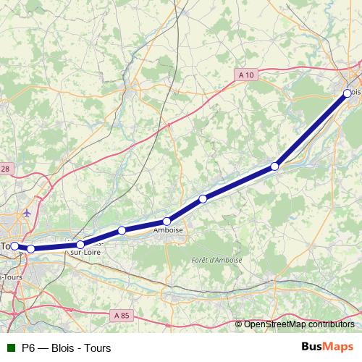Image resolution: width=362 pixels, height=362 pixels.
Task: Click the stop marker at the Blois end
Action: click(348, 93)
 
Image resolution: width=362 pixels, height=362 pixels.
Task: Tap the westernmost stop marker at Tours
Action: click(14, 246)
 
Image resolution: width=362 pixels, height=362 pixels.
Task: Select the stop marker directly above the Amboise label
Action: click(167, 222)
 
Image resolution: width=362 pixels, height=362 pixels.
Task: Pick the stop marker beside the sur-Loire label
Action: click(80, 245)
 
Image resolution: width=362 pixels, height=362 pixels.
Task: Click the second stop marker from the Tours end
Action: click(31, 249)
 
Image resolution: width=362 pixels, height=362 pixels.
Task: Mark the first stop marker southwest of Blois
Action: click(275, 167)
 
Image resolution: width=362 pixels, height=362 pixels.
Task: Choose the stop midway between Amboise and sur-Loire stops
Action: click(122, 230)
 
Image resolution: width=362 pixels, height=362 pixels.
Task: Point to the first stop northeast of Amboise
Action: click(203, 198)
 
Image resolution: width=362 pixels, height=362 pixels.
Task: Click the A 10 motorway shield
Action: click(246, 74)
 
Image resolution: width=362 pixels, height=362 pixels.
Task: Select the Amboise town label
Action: click(168, 231)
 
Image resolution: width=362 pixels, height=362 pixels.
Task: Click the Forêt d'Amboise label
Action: click(217, 260)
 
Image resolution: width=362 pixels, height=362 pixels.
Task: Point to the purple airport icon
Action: click(27, 214)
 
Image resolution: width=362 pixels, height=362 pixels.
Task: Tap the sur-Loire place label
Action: click(85, 253)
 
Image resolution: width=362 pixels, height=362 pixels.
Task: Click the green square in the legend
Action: click(10, 348)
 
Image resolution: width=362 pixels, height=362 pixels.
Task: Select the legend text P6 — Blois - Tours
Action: click(67, 348)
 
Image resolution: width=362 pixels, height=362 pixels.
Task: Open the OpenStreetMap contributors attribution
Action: click(299, 324)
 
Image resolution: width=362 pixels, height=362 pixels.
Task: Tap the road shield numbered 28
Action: click(6, 169)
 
